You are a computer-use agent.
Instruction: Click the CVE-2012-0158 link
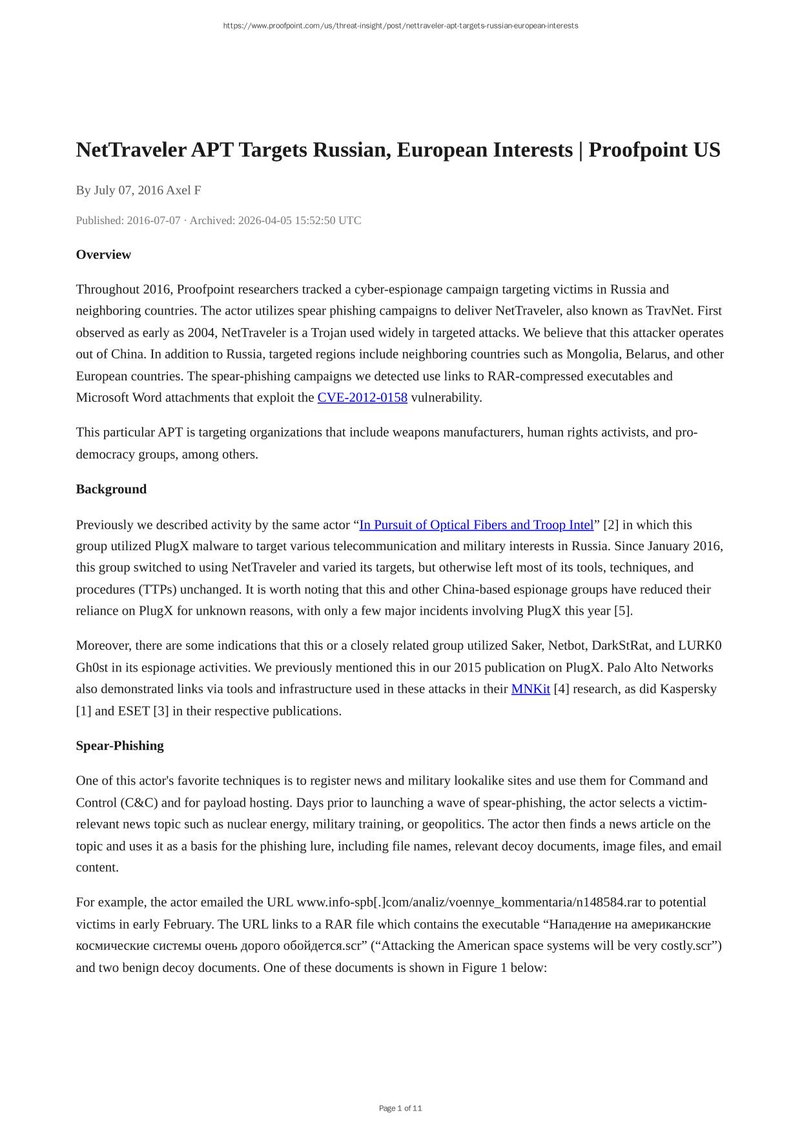click(x=362, y=398)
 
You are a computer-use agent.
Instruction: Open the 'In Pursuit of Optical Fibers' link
click(x=476, y=525)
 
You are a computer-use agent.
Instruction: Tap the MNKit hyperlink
click(x=530, y=689)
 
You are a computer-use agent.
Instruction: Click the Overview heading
click(x=103, y=254)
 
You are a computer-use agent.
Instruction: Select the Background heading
click(x=111, y=489)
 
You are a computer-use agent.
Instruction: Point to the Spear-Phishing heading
click(x=119, y=746)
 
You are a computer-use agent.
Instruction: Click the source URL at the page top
click(x=400, y=26)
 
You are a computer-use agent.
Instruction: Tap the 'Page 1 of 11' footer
click(x=400, y=1108)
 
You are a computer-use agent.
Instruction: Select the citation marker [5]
click(x=622, y=611)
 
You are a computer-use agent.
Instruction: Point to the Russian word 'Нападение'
click(x=579, y=924)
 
